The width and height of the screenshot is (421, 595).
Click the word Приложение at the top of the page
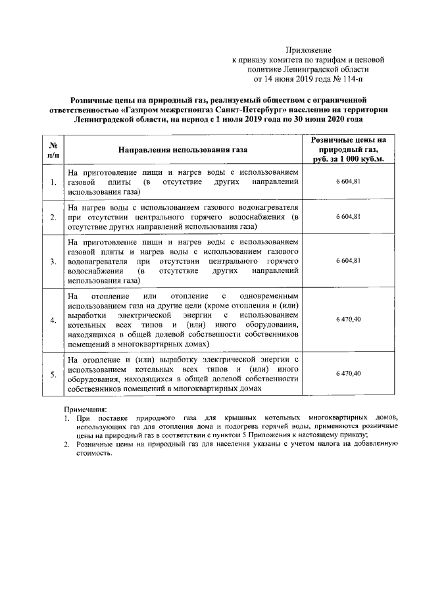point(309,50)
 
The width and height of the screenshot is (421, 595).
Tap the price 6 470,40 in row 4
point(348,319)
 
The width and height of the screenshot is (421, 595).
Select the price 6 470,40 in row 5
point(348,373)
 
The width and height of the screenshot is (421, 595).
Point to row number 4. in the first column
point(53,320)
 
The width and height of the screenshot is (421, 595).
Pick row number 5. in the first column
point(53,374)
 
